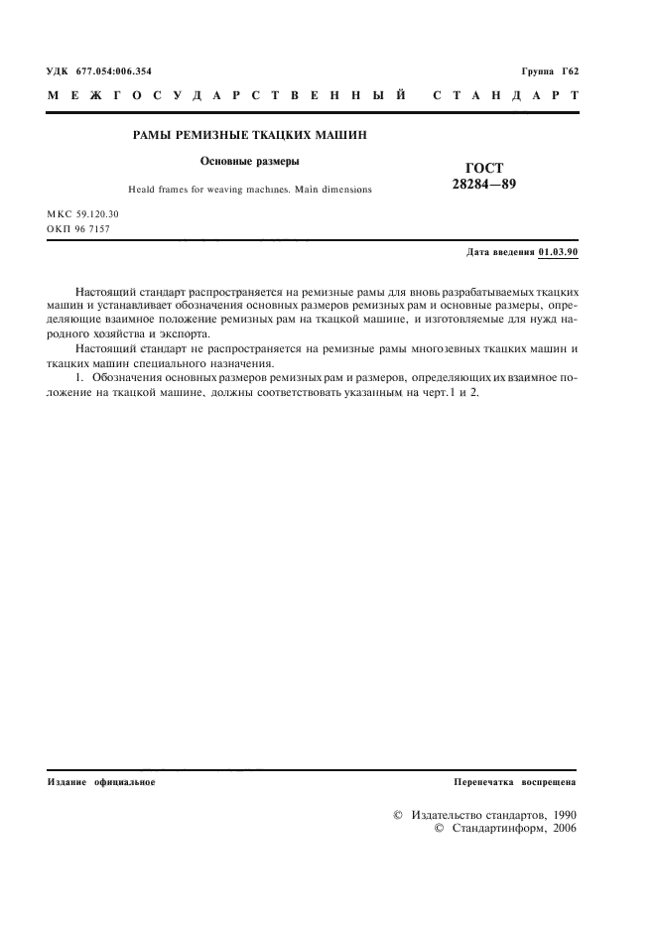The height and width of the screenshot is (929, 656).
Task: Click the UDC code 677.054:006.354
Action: [x=113, y=71]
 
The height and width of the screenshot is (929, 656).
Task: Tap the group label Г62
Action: [x=566, y=71]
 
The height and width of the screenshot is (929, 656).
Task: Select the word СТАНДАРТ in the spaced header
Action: [x=506, y=97]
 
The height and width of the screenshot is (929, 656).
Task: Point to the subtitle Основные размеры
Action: [x=243, y=160]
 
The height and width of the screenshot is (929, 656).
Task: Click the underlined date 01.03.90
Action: [x=558, y=252]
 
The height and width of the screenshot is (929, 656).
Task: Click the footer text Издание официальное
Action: [x=101, y=782]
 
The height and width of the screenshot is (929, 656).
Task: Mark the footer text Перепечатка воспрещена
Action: [x=515, y=782]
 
